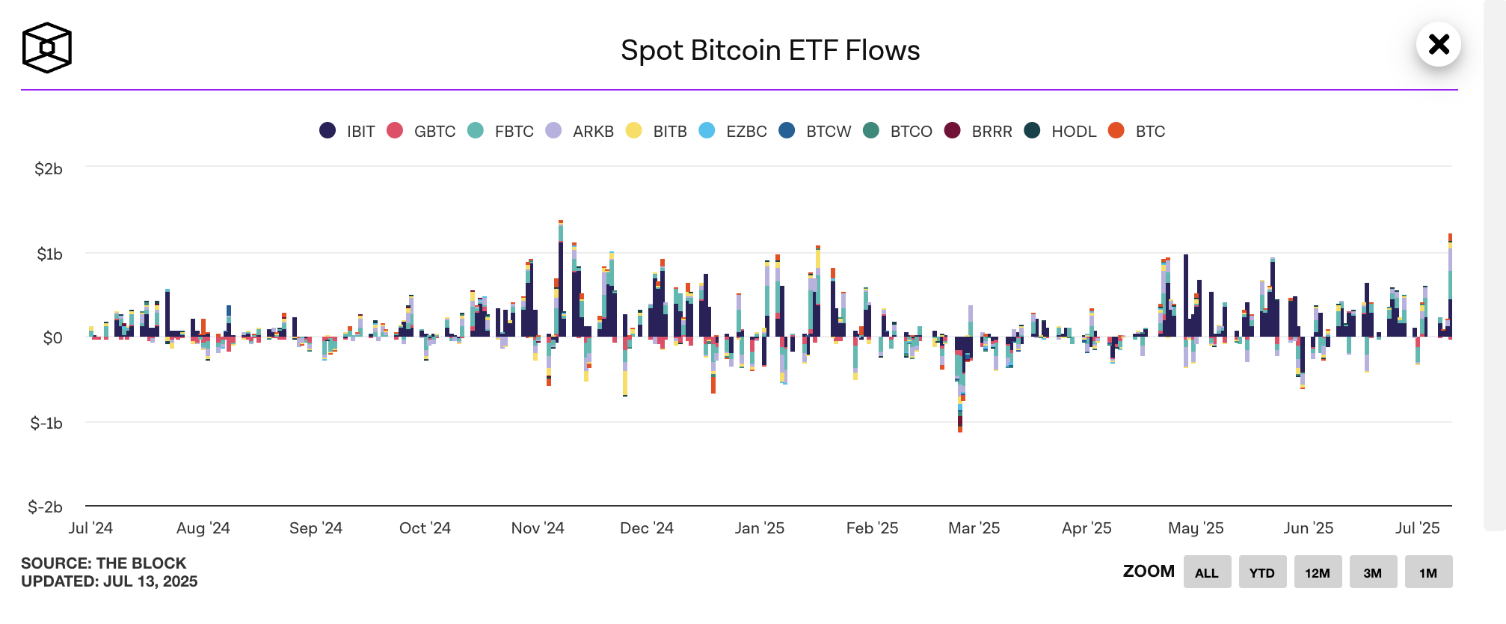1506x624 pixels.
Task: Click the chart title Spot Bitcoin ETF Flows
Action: pyautogui.click(x=769, y=51)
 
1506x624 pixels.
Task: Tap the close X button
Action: pyautogui.click(x=1438, y=45)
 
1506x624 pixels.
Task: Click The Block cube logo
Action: pyautogui.click(x=46, y=48)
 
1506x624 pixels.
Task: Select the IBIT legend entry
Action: pyautogui.click(x=348, y=132)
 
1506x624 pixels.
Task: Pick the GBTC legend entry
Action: pyautogui.click(x=422, y=132)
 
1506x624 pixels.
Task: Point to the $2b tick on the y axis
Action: pyautogui.click(x=49, y=169)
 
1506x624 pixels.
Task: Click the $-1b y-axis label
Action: pyautogui.click(x=46, y=423)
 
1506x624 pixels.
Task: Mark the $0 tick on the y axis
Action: pyautogui.click(x=52, y=338)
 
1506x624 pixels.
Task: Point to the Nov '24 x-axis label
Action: pyautogui.click(x=538, y=528)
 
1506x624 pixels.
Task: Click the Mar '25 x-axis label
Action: pyautogui.click(x=974, y=528)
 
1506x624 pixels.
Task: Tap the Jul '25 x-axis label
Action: pyautogui.click(x=1417, y=528)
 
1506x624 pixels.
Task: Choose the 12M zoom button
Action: pyautogui.click(x=1318, y=572)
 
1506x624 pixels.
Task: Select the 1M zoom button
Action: pyautogui.click(x=1428, y=572)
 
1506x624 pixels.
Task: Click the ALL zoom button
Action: pyautogui.click(x=1207, y=572)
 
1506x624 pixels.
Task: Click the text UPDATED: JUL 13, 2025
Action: pyautogui.click(x=109, y=582)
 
